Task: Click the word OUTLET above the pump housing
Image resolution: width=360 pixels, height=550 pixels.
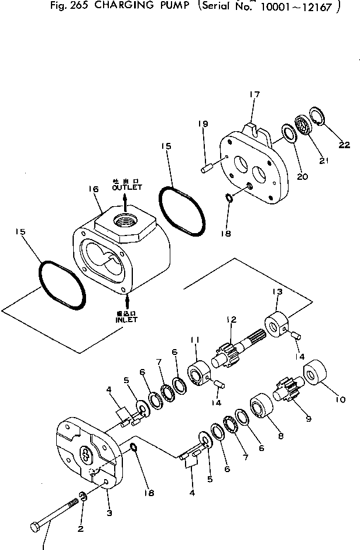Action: click(126, 187)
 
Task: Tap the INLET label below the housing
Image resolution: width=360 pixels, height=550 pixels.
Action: click(126, 320)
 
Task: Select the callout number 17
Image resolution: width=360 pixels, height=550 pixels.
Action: click(254, 94)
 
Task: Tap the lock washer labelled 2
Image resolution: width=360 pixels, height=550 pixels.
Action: click(84, 498)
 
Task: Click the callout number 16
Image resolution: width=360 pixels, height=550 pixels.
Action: click(93, 189)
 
